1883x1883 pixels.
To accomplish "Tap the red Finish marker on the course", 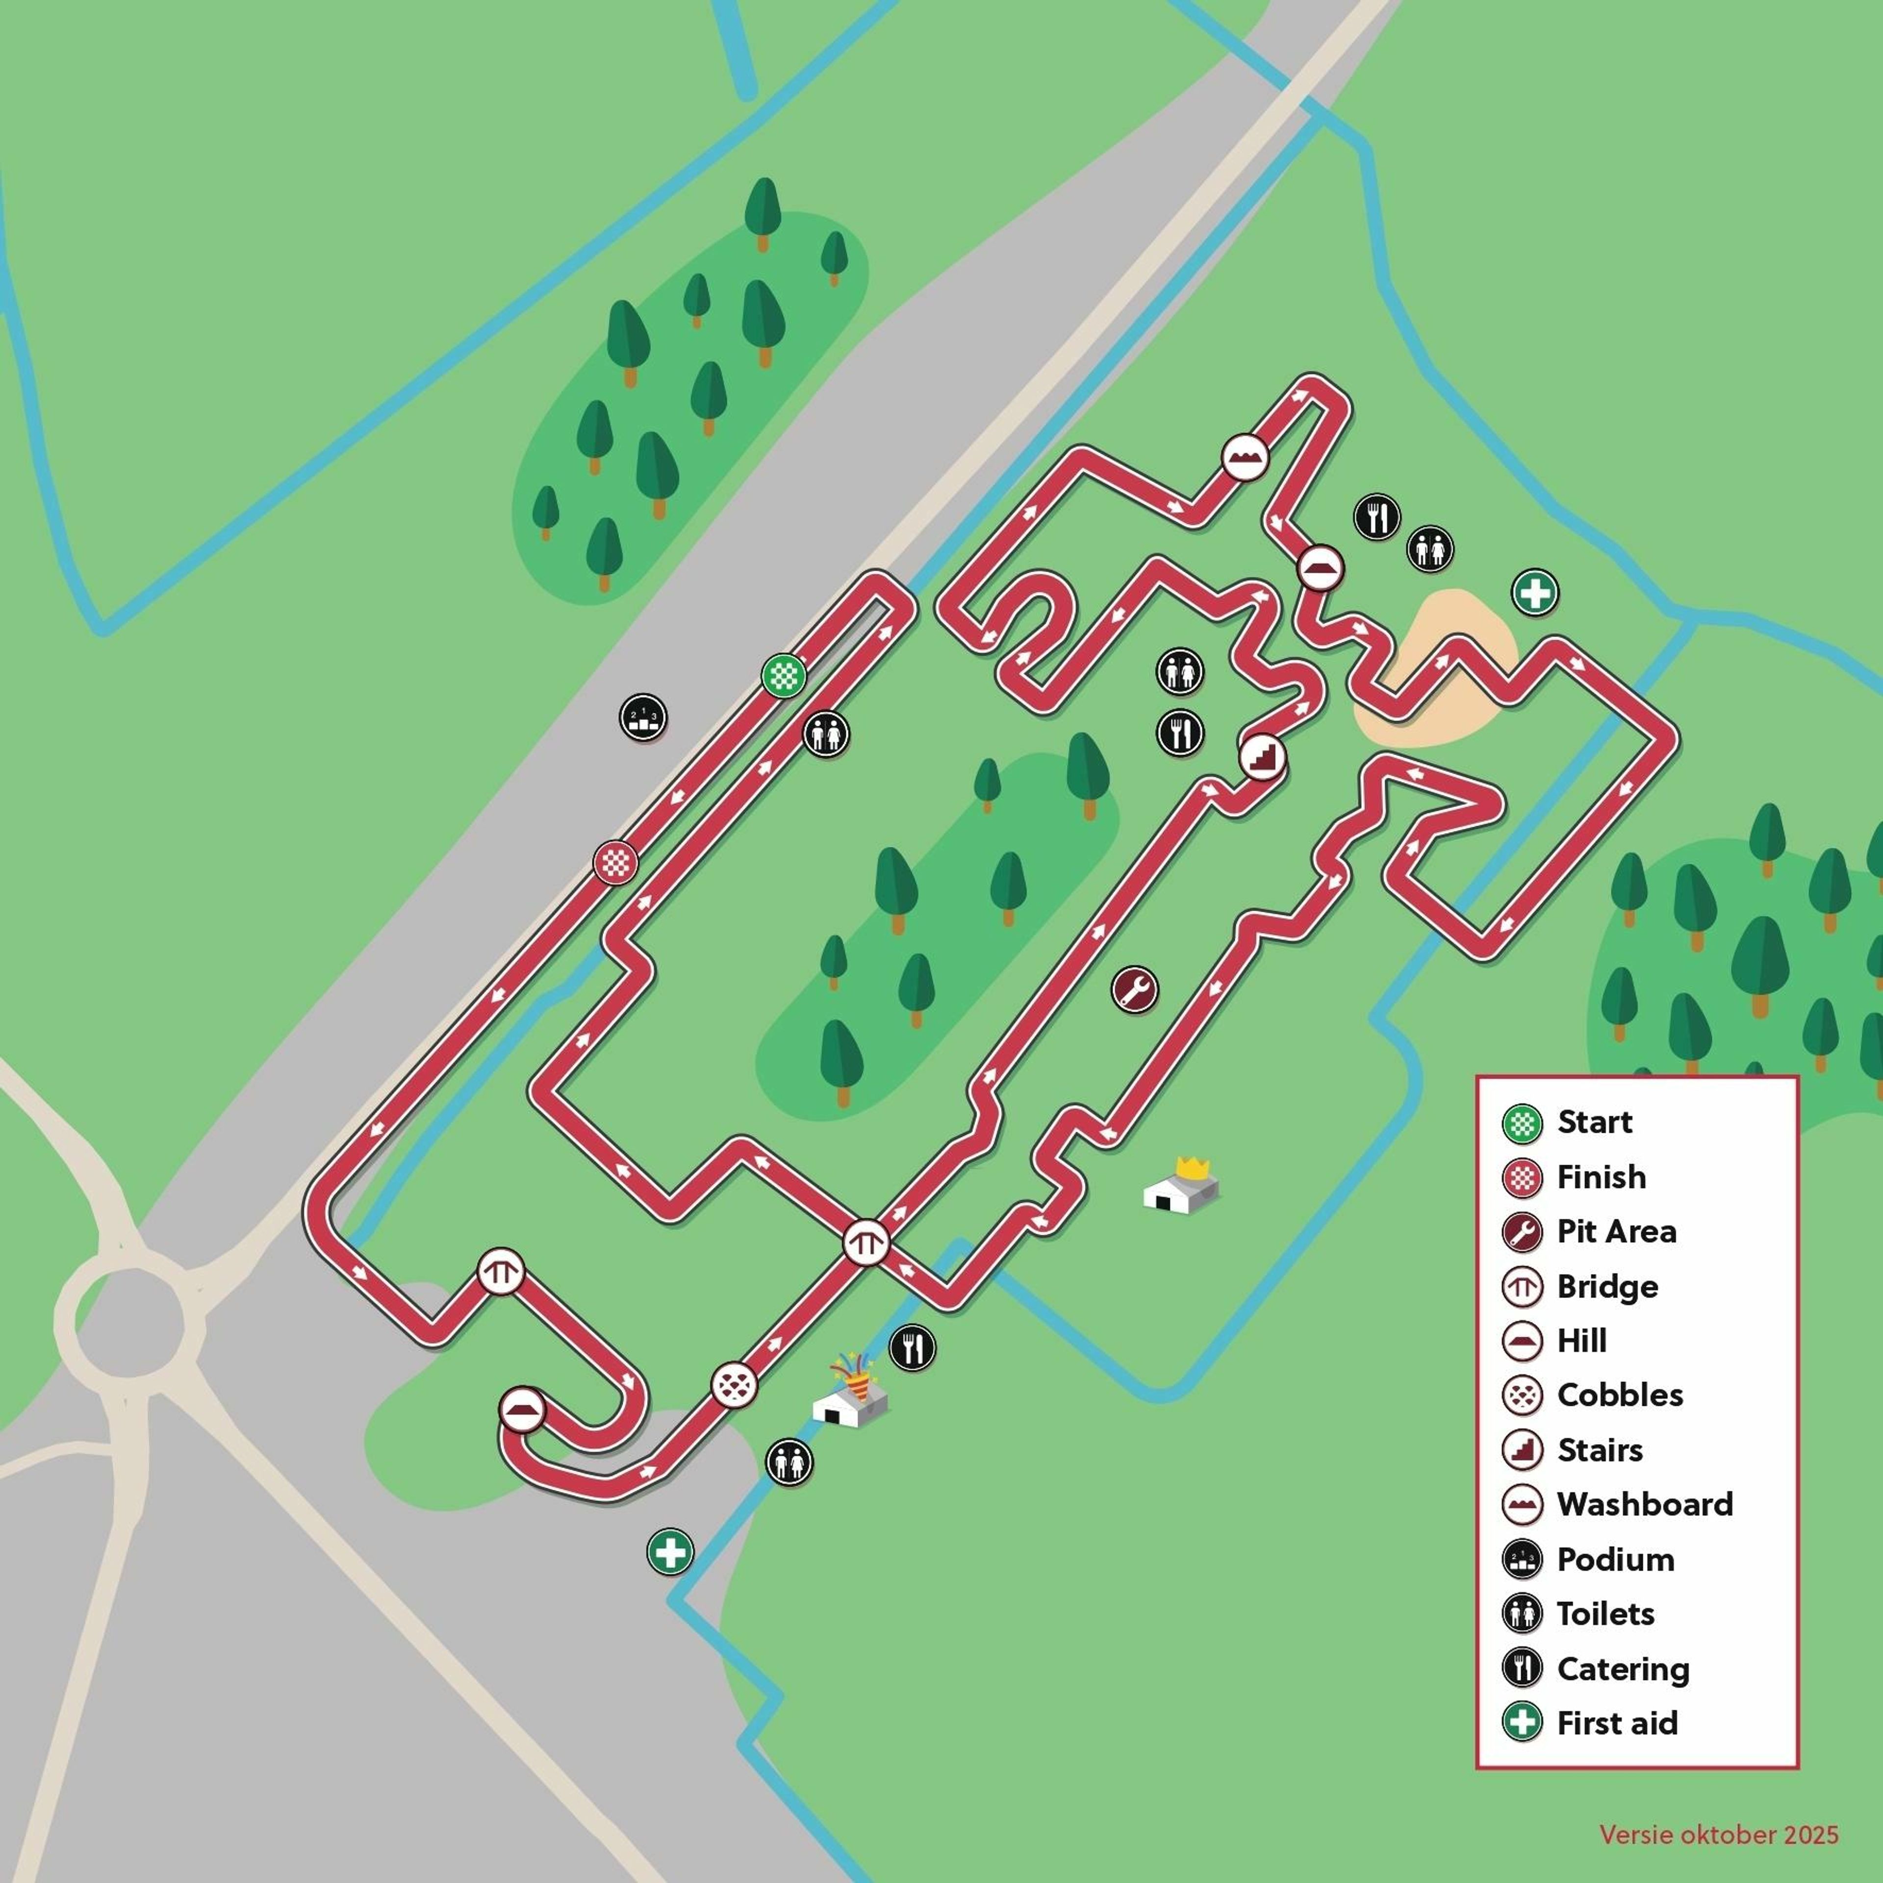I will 616,863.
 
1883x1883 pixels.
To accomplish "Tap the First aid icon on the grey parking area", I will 670,1551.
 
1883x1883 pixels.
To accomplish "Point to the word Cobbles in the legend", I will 1620,1395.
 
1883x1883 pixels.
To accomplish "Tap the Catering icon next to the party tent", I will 912,1349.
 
